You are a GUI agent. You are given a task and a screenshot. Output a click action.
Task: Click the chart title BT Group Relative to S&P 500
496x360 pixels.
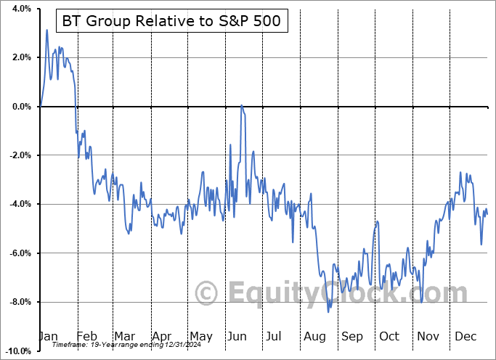(x=174, y=21)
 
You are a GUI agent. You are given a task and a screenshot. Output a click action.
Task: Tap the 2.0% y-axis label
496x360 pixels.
(x=21, y=57)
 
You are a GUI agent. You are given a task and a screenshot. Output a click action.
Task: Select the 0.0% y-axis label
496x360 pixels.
(x=21, y=107)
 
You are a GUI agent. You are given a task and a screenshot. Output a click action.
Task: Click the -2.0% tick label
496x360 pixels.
(x=19, y=155)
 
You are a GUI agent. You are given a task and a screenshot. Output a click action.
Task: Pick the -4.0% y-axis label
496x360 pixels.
(x=19, y=204)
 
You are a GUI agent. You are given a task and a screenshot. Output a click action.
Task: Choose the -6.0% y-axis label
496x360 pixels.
(x=19, y=253)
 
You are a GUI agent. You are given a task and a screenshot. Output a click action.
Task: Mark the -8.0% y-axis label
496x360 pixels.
(x=19, y=302)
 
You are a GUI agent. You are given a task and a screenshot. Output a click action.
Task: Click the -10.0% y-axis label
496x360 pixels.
(x=17, y=351)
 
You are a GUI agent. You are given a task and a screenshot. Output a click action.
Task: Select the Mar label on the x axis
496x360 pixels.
(x=125, y=337)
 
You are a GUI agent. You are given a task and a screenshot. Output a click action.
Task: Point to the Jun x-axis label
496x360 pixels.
(x=237, y=337)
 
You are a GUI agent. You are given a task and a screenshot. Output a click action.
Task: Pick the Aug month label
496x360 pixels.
(x=314, y=337)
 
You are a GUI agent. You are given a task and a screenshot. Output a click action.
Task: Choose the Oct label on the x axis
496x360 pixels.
(x=389, y=337)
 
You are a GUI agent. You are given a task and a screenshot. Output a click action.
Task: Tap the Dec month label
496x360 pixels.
(x=465, y=337)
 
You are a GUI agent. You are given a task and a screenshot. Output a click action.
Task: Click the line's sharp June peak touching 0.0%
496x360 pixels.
(x=242, y=106)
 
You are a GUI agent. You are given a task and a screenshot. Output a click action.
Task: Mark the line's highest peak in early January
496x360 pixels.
(x=46, y=30)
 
